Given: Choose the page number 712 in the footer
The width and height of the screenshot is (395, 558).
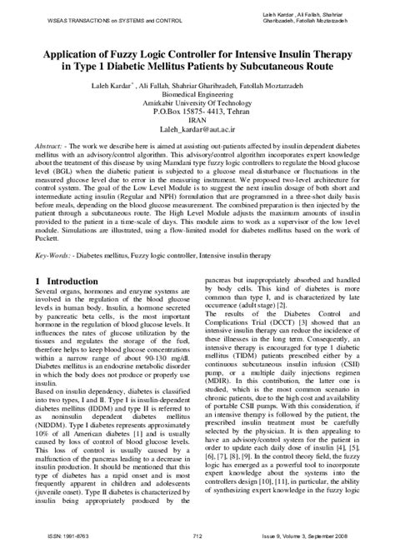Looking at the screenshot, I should click(197, 546).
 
